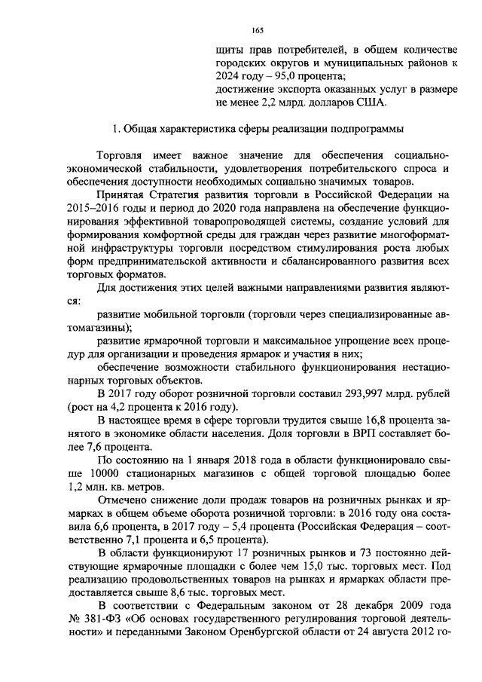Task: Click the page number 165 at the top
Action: coord(258,30)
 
